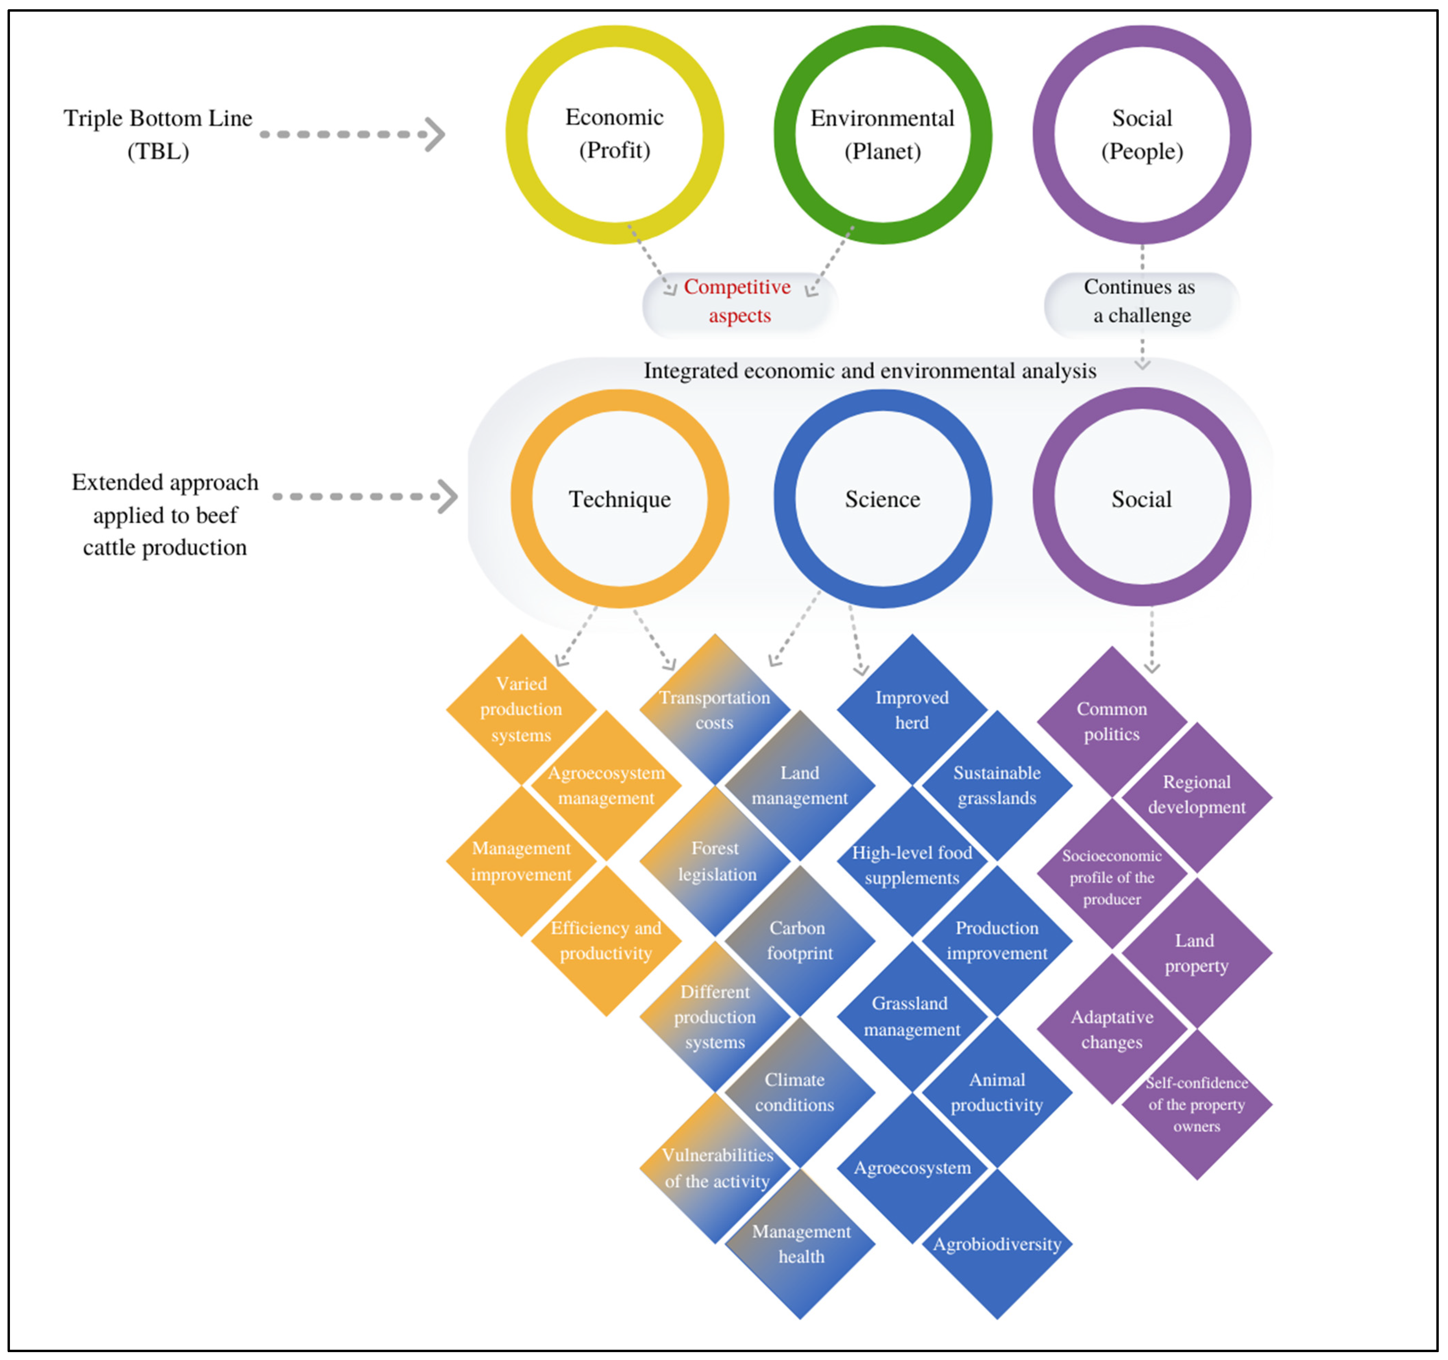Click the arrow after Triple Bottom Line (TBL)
pos(353,134)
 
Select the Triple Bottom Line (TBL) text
pos(158,134)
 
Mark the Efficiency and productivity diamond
pos(606,940)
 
